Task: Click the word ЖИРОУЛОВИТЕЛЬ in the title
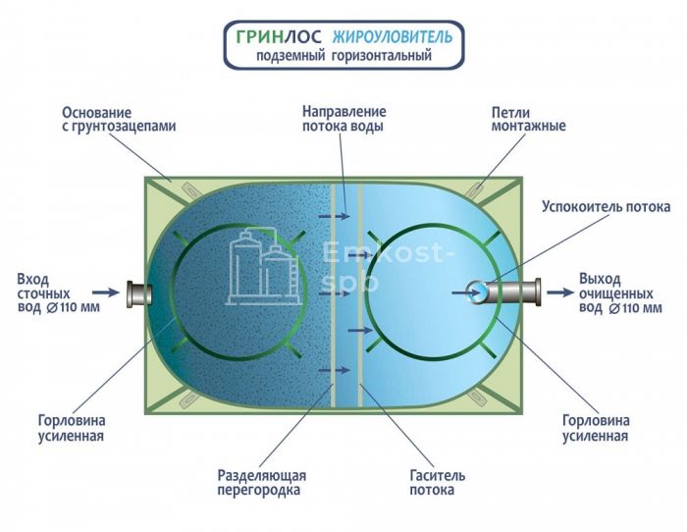[393, 37]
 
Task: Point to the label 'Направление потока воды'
[343, 120]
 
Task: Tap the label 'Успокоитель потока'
[607, 207]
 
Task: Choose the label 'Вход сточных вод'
[43, 293]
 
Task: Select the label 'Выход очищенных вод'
[617, 293]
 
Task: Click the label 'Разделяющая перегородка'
[258, 482]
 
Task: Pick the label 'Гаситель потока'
[437, 482]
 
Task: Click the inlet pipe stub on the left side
[136, 293]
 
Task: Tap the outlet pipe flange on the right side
[536, 292]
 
